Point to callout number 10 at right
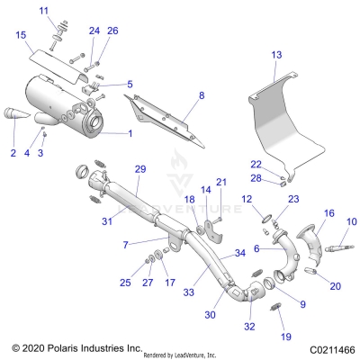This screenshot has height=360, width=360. click(351, 220)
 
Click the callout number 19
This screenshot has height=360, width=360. click(286, 337)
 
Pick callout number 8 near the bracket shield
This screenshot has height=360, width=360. click(202, 94)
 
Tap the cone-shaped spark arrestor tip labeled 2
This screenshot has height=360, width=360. click(18, 116)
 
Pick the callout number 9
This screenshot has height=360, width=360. click(301, 304)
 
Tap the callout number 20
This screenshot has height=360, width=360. click(336, 287)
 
